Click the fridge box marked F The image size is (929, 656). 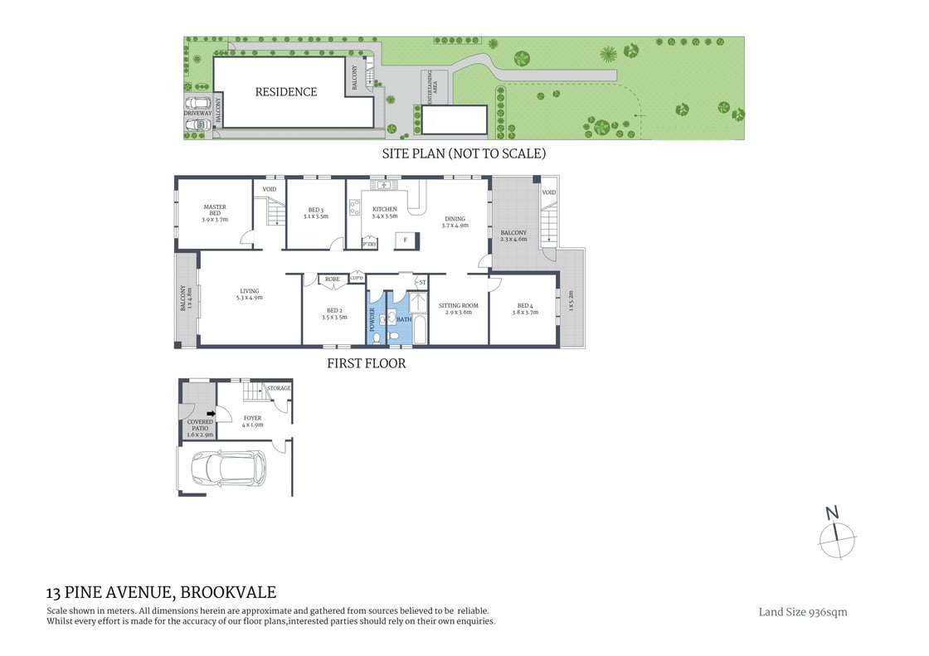[x=405, y=239]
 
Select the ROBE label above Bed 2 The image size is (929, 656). [x=333, y=279]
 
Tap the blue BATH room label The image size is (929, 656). [x=404, y=318]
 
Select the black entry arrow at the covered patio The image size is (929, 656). [x=211, y=412]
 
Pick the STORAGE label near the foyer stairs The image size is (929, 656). [x=279, y=387]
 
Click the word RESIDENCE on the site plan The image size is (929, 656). [x=285, y=92]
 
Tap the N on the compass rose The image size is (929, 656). [x=833, y=513]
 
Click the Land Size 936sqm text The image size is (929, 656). [x=803, y=612]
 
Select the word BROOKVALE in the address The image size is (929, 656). [x=228, y=592]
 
